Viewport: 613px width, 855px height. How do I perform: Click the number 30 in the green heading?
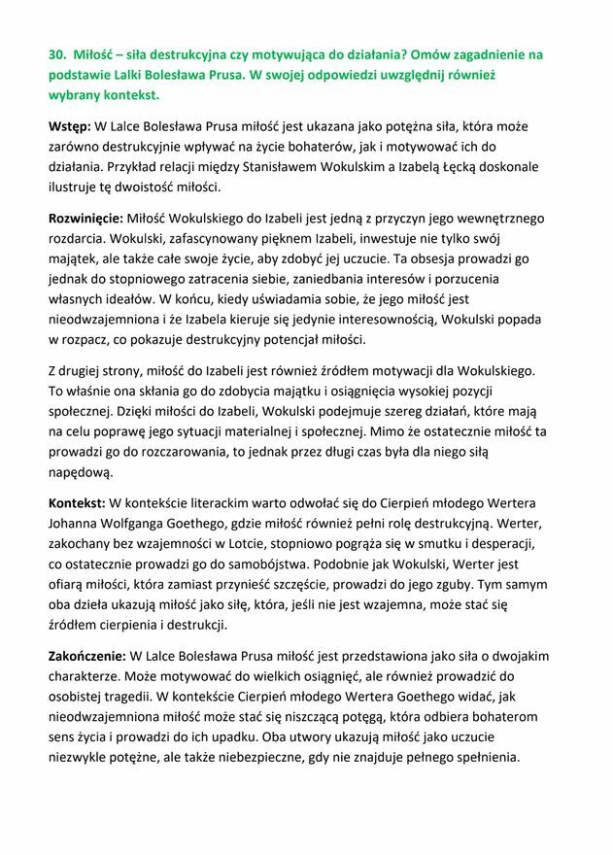56,55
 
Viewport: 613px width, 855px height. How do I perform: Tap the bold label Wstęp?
70,126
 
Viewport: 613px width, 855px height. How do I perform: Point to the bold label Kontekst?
77,503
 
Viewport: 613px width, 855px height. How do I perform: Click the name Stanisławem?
310,167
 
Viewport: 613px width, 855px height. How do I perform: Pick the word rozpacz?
93,339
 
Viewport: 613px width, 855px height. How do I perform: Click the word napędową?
81,472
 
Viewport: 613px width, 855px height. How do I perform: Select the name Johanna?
79,524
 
